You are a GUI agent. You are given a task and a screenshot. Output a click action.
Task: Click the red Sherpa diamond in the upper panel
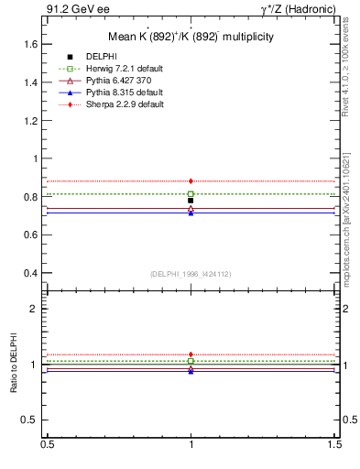coord(191,181)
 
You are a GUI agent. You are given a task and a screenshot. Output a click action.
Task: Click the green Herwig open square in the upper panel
coord(191,194)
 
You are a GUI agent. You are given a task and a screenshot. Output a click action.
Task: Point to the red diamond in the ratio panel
coord(191,354)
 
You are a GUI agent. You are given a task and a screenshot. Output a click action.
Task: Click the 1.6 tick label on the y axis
coord(29,44)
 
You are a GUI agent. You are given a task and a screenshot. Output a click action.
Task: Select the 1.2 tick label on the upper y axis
coord(29,120)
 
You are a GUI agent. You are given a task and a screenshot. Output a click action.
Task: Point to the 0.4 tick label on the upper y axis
coord(29,273)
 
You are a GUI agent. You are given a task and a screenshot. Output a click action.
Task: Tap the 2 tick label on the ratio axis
coord(34,309)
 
